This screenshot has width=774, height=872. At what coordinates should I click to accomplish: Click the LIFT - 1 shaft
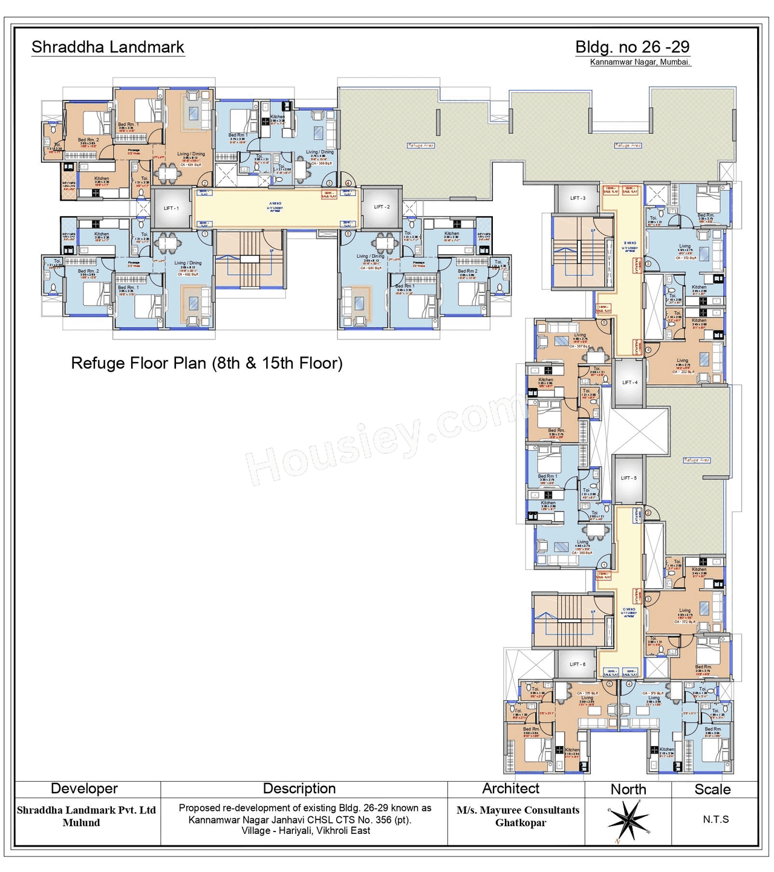point(171,208)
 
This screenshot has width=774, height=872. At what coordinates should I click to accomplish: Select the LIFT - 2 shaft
point(382,207)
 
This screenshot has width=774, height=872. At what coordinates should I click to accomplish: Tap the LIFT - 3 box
point(577,198)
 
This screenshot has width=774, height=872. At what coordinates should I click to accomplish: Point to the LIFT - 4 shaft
point(629,382)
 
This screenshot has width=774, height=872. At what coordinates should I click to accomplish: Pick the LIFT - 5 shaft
point(628,478)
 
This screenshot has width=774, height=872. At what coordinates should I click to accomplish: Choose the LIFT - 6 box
point(577,664)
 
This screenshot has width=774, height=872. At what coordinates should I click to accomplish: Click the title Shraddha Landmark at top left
point(108,47)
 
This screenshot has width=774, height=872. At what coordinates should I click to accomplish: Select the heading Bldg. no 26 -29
point(632,47)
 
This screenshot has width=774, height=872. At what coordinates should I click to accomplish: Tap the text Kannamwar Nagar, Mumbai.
point(640,62)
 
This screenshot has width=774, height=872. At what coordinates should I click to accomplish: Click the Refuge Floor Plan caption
point(207,363)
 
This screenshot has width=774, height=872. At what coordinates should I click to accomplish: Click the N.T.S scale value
point(715,819)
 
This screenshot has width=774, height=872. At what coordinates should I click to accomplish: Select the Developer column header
point(84,788)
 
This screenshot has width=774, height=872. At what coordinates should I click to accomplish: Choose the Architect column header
point(510,788)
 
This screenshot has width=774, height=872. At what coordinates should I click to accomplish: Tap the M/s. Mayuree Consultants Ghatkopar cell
point(518,816)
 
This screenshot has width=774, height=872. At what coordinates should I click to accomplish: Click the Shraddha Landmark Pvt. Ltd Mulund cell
point(86,816)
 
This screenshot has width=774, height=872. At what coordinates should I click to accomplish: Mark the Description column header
point(299,788)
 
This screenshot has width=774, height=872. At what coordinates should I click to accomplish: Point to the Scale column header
point(712,789)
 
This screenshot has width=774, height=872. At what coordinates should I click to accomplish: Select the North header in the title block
point(628,789)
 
